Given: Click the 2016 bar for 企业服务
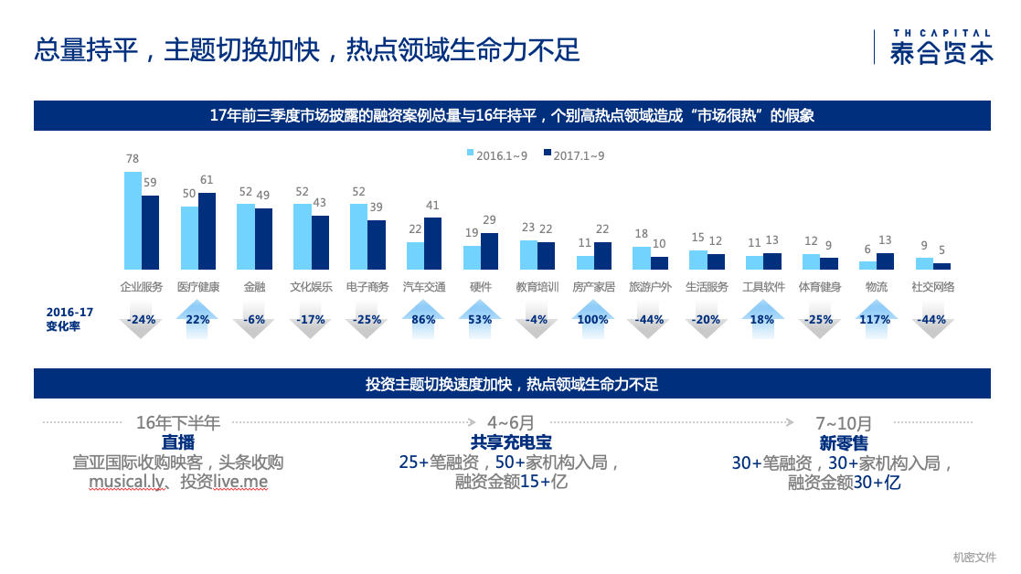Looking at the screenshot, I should pos(133,220).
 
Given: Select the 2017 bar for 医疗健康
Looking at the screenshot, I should pos(207,231).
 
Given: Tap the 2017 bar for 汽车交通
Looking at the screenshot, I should pos(433,243).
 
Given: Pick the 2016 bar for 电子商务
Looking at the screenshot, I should pos(358,237).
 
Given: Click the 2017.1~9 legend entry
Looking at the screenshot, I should pos(574,155).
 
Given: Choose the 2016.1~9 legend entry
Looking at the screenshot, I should pos(497,155).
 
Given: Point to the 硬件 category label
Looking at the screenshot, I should pos(481,287).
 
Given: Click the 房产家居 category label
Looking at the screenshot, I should pos(594,287).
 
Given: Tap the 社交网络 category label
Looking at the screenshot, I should pos(932,287).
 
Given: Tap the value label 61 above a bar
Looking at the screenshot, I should pos(207,180).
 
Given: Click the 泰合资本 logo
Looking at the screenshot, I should pos(940,47).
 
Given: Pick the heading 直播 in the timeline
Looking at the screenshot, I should pos(178,442).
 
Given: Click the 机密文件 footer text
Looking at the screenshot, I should pos(974,557).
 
